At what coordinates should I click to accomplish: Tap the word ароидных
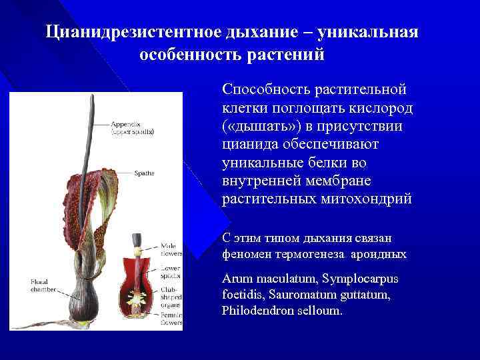pos(382,254)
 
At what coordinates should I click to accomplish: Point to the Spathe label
pos(144,173)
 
